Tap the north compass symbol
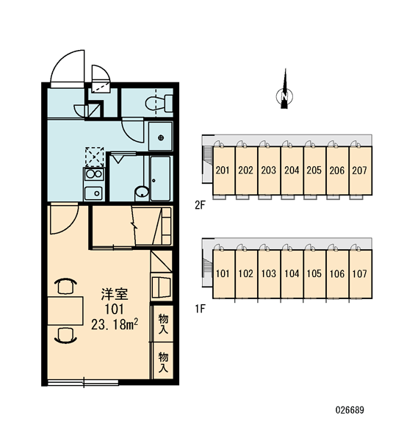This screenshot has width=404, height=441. click(284, 93)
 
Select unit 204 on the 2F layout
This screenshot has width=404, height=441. click(292, 171)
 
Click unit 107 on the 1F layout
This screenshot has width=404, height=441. click(360, 273)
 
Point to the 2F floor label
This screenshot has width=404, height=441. click(201, 205)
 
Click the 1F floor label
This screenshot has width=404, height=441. click(201, 309)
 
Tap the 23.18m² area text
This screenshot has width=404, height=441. click(115, 325)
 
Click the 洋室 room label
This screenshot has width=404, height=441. click(115, 294)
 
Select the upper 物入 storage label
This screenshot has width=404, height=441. click(163, 323)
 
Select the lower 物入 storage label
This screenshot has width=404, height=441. click(163, 362)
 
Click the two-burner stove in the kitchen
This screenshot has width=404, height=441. click(94, 173)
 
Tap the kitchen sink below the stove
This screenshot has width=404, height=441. click(93, 193)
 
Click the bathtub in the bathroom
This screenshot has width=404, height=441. click(160, 179)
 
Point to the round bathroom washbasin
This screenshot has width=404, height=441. click(142, 192)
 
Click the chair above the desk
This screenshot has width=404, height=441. click(66, 286)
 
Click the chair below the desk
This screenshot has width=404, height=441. click(66, 335)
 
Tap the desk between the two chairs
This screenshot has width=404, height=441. click(65, 310)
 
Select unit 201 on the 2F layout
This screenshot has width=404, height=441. click(223, 171)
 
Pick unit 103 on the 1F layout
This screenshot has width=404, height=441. click(269, 273)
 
